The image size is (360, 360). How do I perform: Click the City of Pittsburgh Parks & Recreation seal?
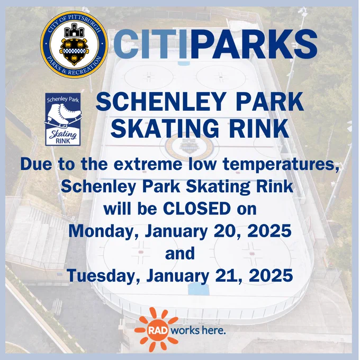pos(75,44)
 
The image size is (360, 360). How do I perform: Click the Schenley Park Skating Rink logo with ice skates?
pos(63,119)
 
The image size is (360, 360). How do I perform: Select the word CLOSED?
pos(197,209)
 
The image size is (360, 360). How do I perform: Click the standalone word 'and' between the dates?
pos(180,253)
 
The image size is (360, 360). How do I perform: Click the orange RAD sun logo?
pos(157,330)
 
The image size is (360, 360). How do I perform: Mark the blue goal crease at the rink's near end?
pos(199,289)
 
